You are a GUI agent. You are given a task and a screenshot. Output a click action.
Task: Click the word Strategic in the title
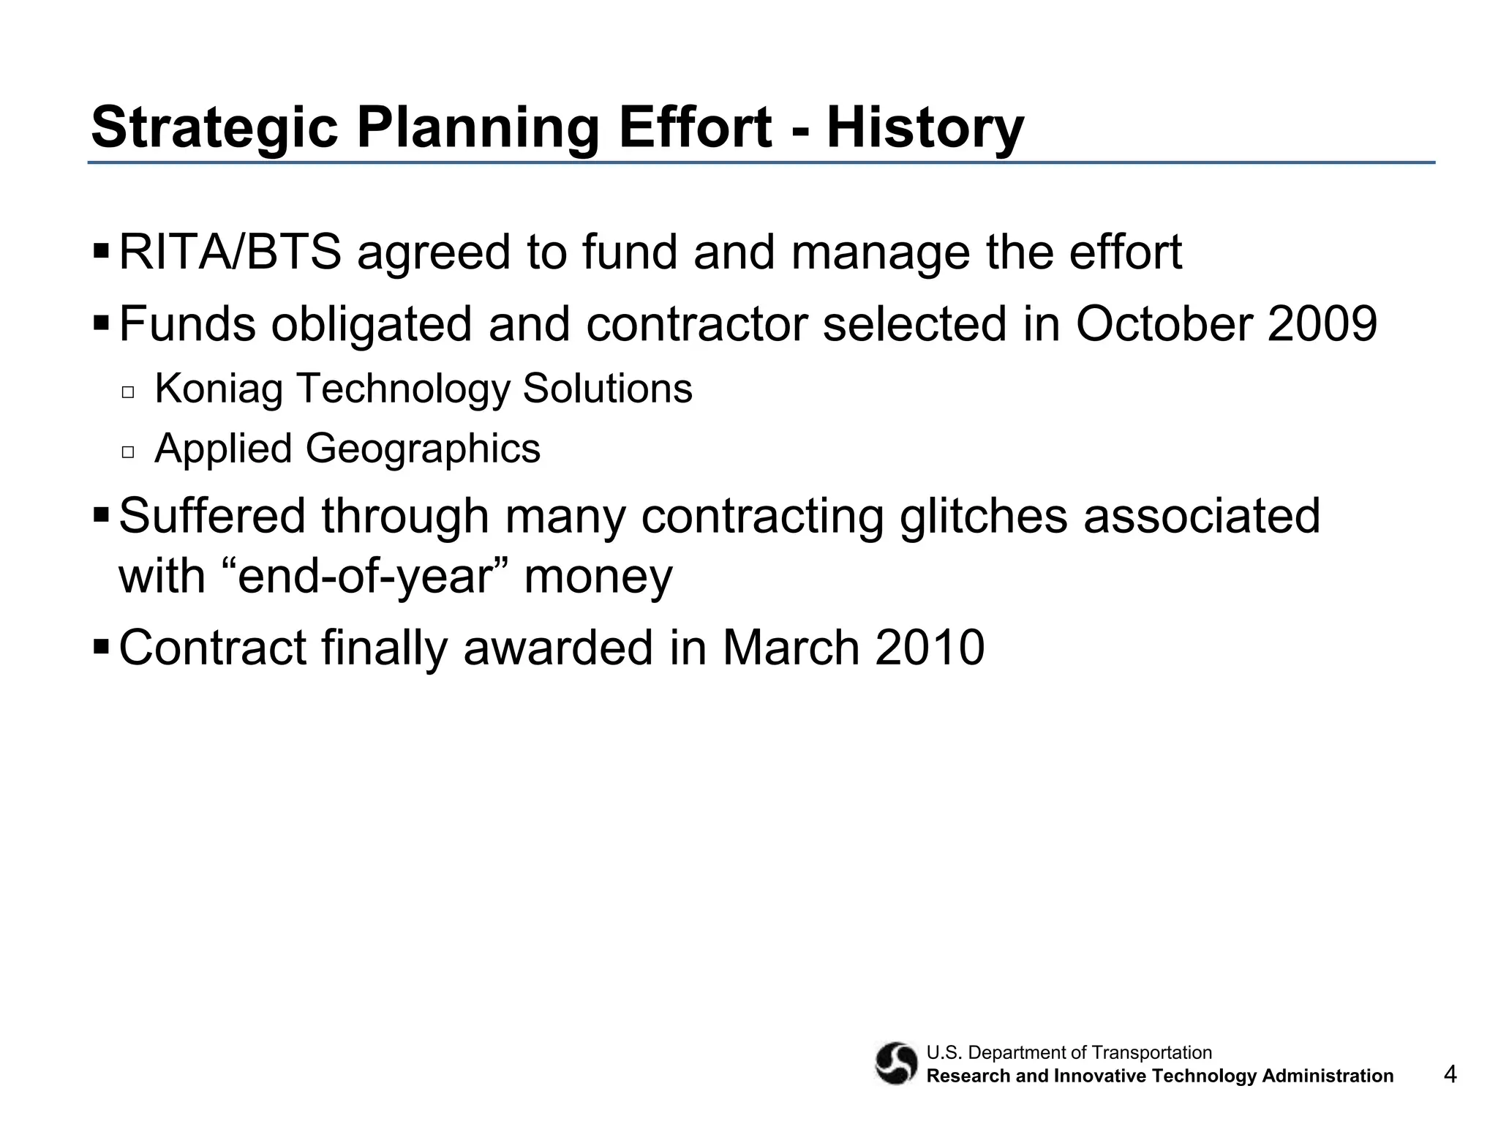pos(214,129)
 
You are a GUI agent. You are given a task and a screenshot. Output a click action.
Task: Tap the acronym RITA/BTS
pos(230,252)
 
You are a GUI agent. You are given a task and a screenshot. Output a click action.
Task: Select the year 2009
pos(1322,324)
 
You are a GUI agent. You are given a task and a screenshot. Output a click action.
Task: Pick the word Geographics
pos(423,449)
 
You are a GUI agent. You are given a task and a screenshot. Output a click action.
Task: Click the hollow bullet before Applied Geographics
pos(129,452)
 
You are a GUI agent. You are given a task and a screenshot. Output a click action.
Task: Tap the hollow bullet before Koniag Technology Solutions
pos(129,392)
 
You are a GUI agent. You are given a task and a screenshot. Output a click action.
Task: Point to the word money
pos(598,577)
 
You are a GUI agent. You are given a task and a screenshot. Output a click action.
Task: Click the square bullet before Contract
pos(101,647)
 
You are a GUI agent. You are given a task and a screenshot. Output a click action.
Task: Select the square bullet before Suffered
pos(101,515)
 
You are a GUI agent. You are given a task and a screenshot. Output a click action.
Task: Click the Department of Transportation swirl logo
pos(895,1063)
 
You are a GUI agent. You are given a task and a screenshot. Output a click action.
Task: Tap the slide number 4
pos(1450,1074)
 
